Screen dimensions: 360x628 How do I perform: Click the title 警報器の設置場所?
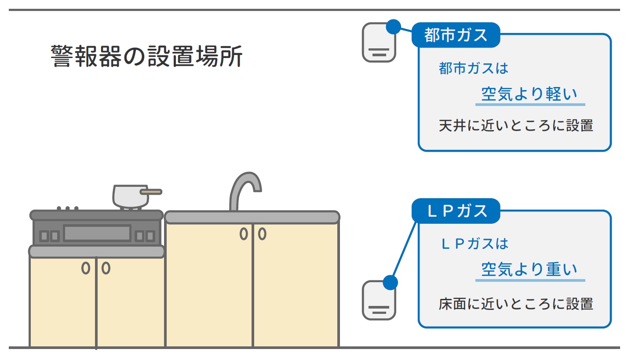(x=146, y=56)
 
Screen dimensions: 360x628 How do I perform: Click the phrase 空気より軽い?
(x=529, y=94)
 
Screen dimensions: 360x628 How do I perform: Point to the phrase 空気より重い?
(x=529, y=269)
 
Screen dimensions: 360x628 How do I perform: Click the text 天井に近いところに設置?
(x=516, y=126)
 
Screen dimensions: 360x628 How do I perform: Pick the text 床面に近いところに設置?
(x=516, y=304)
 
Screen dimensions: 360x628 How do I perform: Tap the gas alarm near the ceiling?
(x=379, y=44)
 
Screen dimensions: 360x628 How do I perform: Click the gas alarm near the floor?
(x=379, y=301)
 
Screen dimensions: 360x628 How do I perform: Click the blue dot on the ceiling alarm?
(x=393, y=26)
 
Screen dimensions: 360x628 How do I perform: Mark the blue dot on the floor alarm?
(x=390, y=282)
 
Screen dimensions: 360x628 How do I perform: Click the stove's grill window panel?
(x=97, y=233)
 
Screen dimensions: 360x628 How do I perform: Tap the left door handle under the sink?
(x=244, y=234)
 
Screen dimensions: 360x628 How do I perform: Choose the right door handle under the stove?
(x=106, y=268)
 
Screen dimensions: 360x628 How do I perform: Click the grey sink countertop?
(x=252, y=217)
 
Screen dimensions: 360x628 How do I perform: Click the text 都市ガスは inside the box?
(x=473, y=69)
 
